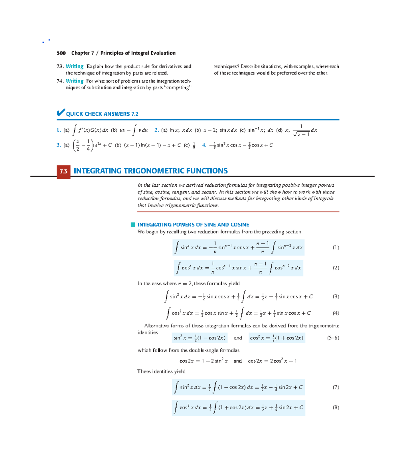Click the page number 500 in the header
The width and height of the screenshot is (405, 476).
coord(61,53)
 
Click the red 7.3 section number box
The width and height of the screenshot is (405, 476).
coord(63,171)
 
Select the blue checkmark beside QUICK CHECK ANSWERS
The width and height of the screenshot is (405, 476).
coord(61,113)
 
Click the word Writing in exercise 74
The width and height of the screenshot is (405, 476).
coord(75,81)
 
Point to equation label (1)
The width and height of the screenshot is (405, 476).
coord(336,247)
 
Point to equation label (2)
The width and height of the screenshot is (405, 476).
coord(336,268)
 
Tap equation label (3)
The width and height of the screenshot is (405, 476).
coord(336,296)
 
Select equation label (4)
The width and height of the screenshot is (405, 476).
coord(336,313)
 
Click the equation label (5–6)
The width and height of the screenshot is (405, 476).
coord(333,338)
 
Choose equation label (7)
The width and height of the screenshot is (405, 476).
coord(336,387)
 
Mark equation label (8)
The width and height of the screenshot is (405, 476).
coord(336,407)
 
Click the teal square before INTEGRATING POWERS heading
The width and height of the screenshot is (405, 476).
coord(133,225)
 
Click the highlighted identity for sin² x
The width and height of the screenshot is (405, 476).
coord(199,338)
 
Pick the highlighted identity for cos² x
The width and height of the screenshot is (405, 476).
coord(277,338)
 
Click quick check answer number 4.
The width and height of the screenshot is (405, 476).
coord(204,145)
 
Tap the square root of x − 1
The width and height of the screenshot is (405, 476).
coord(301,134)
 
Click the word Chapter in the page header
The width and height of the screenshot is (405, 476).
coord(80,53)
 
